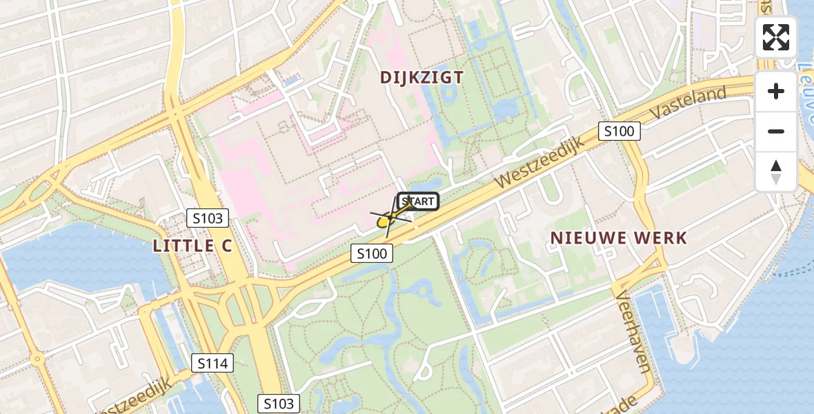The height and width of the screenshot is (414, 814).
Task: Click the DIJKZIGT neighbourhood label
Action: coord(422,77)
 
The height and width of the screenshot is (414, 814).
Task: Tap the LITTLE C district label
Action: coord(192,246)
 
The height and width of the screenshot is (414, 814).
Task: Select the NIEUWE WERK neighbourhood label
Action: coord(619,239)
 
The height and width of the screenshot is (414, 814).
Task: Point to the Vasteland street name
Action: coord(689,103)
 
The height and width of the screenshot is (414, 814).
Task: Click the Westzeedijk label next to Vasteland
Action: coord(539,162)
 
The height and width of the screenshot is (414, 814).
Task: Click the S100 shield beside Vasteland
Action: coord(619,131)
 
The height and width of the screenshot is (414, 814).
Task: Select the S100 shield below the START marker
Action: coord(372,254)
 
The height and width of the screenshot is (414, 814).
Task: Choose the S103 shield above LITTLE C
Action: coord(208,219)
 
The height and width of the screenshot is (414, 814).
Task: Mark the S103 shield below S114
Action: coord(279,404)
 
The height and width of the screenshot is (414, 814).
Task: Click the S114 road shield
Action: coord(214,363)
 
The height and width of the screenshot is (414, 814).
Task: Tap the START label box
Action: coord(418,201)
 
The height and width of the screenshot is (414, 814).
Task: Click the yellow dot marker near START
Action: coord(383,221)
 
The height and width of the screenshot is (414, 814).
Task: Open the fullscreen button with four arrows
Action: coord(776,37)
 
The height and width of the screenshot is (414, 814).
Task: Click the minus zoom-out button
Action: coord(776,132)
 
